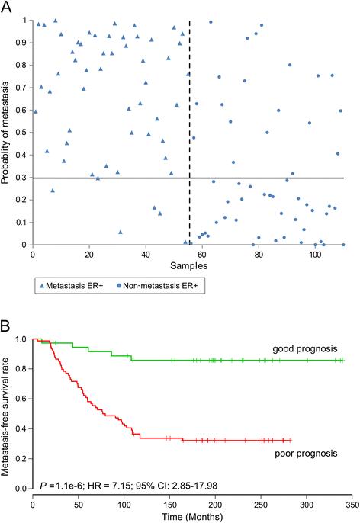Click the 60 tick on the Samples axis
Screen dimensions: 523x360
pyautogui.click(x=202, y=254)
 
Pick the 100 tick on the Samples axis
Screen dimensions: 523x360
pyautogui.click(x=314, y=254)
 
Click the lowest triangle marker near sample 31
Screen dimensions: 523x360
pyautogui.click(x=120, y=232)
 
